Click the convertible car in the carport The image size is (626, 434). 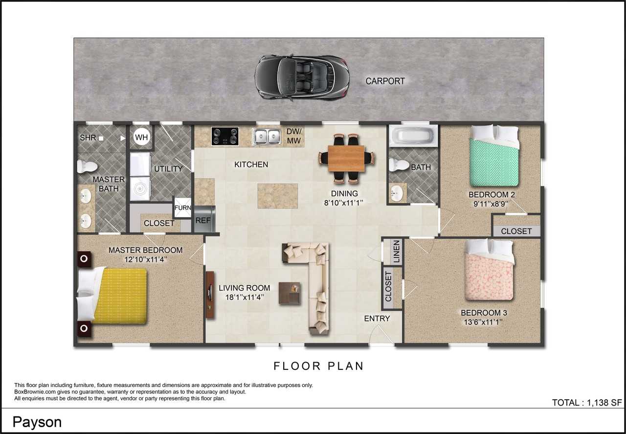(x=300, y=77)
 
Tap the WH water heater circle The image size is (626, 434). (x=141, y=137)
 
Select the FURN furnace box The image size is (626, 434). (x=182, y=208)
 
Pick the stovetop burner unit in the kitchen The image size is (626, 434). (x=225, y=136)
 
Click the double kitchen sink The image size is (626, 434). (x=267, y=137)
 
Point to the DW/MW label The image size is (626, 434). (x=294, y=137)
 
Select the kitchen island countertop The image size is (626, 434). (x=278, y=196)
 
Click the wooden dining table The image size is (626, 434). (x=346, y=158)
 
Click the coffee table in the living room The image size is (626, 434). (x=290, y=293)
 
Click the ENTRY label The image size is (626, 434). (x=377, y=319)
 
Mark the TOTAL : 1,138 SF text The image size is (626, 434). (x=586, y=403)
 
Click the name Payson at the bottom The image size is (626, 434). (x=37, y=422)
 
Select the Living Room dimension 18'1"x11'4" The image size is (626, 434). (x=244, y=297)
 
